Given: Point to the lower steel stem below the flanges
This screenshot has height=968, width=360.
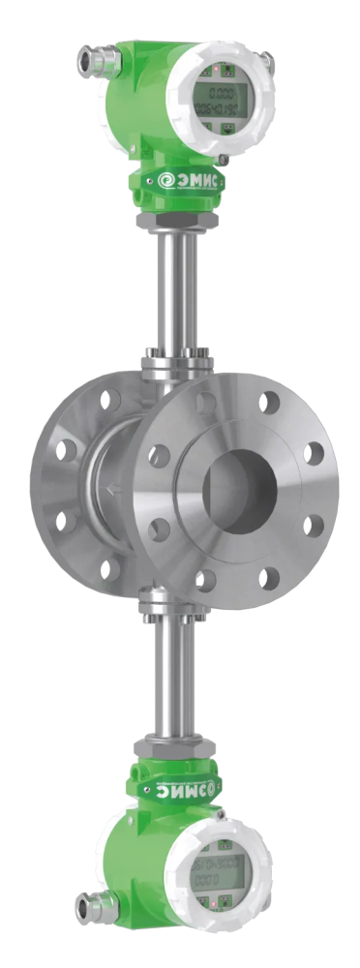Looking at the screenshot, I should (177, 678).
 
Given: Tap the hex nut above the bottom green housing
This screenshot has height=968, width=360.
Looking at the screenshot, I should (177, 746).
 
